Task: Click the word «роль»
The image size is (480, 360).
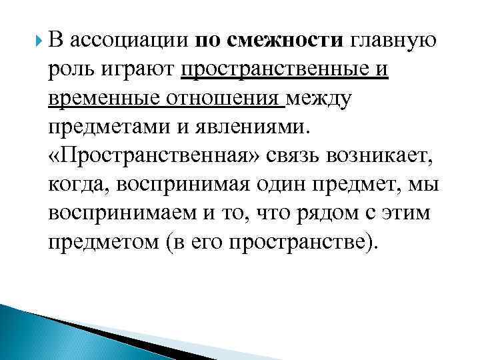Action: click(x=69, y=70)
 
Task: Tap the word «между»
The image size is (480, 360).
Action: click(x=320, y=100)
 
